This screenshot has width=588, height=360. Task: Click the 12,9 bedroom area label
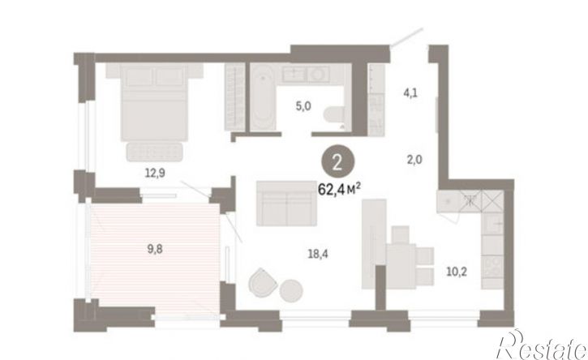[155, 173]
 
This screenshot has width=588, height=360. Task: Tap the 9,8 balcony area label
[155, 249]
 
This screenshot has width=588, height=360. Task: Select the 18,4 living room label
[318, 255]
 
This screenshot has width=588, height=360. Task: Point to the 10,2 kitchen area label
[457, 271]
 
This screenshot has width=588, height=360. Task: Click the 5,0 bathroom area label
[303, 106]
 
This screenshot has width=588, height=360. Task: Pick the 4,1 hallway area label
[410, 92]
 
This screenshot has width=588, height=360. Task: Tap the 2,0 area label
[414, 160]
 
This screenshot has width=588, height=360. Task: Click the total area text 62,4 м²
[339, 189]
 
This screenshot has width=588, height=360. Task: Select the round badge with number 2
[337, 164]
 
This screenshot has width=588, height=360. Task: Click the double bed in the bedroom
[154, 102]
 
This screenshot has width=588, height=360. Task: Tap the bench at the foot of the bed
[154, 152]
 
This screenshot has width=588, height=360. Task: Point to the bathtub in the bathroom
[263, 97]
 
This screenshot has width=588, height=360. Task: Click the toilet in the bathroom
[334, 114]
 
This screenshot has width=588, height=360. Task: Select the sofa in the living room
[286, 204]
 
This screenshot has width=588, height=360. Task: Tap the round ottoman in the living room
[291, 291]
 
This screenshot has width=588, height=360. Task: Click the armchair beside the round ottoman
[263, 282]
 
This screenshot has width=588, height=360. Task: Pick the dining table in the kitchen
[401, 265]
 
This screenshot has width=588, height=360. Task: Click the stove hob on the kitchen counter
[492, 266]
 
